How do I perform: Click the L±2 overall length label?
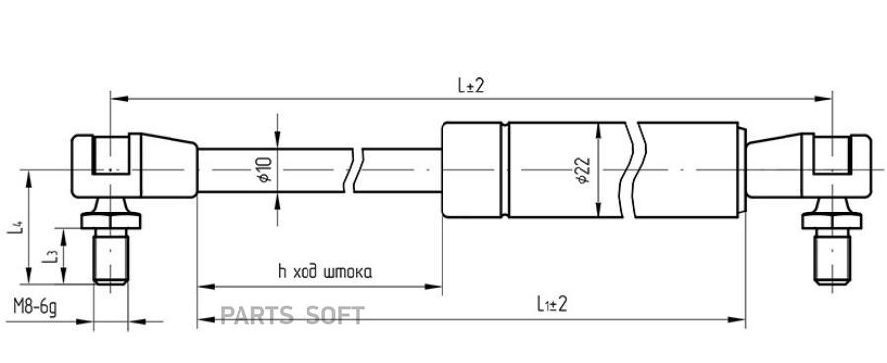tap(471, 86)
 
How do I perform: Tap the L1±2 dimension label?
tap(552, 305)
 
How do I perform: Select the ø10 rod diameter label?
tap(266, 169)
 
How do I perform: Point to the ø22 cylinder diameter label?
tap(583, 170)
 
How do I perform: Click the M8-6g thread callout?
tap(35, 307)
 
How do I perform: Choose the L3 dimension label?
tap(50, 257)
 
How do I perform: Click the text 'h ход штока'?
tap(324, 272)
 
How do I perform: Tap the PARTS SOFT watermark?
tap(292, 315)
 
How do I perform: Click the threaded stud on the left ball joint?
tap(110, 257)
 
